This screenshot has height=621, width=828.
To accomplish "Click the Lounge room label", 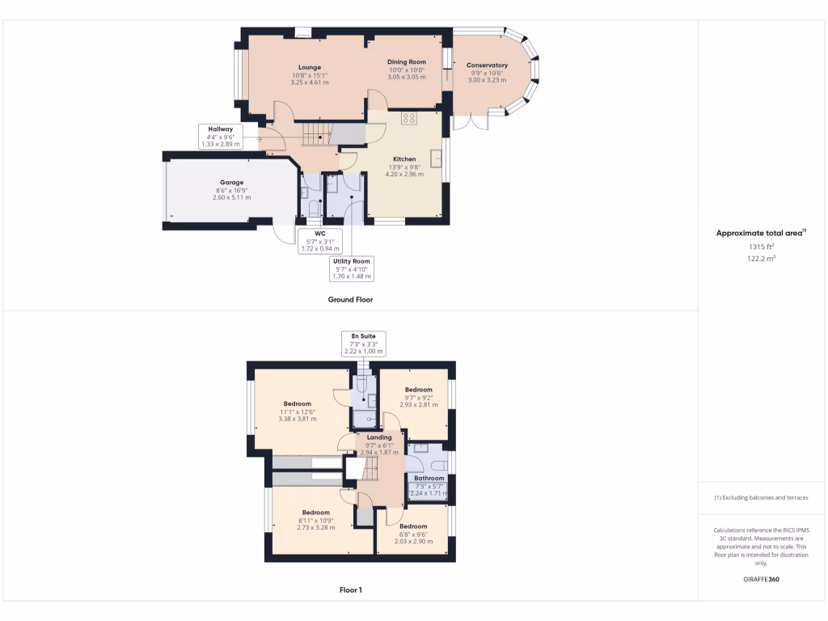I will [309, 67].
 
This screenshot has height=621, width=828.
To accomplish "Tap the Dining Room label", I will [406, 61].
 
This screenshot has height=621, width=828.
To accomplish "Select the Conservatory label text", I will [488, 65].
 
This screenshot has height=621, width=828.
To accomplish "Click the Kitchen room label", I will [404, 159].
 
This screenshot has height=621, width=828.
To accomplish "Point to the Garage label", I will [231, 183].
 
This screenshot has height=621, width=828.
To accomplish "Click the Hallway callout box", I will [220, 136].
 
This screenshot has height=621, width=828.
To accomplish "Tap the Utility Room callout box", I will [351, 268].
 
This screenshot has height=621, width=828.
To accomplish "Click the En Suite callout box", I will [362, 344].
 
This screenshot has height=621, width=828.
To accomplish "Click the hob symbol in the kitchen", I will [409, 119].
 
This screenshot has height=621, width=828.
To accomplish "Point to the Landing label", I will [379, 437].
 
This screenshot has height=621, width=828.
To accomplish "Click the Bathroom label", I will [429, 478].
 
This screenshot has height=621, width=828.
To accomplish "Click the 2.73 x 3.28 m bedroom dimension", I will [315, 528].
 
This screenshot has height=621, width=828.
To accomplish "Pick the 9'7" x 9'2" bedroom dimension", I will [418, 397].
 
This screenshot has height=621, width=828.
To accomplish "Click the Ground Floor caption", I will [350, 299].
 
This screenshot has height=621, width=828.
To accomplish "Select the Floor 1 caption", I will [350, 590].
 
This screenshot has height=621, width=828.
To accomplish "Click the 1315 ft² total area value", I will [760, 247].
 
